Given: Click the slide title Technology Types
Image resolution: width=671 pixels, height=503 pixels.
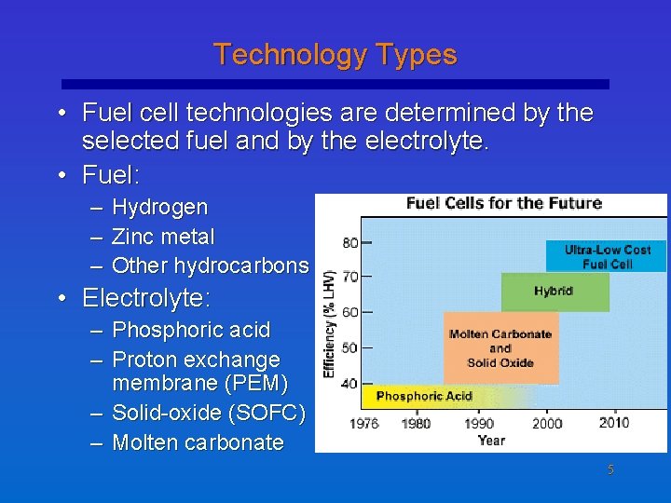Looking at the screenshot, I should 335,55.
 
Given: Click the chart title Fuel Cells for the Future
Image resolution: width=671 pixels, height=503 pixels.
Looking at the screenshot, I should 503,203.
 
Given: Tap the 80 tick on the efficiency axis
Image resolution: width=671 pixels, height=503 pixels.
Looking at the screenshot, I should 350,242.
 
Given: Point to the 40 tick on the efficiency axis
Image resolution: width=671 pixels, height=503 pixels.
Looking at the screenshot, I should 350,383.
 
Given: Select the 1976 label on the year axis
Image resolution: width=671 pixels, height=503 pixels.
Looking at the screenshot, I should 363,423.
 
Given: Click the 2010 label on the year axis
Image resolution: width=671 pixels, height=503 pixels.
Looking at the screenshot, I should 614,423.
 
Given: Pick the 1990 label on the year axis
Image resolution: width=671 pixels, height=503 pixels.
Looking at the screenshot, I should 479,423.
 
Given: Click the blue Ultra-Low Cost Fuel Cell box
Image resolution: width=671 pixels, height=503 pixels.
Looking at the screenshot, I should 608,256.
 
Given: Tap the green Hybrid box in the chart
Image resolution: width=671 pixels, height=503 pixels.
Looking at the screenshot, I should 555,292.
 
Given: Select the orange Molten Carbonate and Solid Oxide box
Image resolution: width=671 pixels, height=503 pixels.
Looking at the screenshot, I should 500,347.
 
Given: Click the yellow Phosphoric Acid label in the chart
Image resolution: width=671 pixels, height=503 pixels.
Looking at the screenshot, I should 424,397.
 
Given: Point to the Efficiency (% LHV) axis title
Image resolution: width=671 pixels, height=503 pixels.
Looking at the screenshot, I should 329,313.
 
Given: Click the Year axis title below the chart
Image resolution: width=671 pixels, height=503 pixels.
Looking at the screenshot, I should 491,440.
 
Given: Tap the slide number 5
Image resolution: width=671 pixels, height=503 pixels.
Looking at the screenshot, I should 610,470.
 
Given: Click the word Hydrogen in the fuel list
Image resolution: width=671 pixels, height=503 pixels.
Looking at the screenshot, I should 159,207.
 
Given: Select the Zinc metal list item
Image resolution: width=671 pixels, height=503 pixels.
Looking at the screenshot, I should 163,237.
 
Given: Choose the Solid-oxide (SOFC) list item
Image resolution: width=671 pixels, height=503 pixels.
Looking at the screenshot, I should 208,413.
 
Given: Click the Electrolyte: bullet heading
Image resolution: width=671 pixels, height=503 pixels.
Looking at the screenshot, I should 146,298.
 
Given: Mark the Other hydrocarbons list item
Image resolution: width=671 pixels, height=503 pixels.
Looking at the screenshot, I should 210,265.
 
